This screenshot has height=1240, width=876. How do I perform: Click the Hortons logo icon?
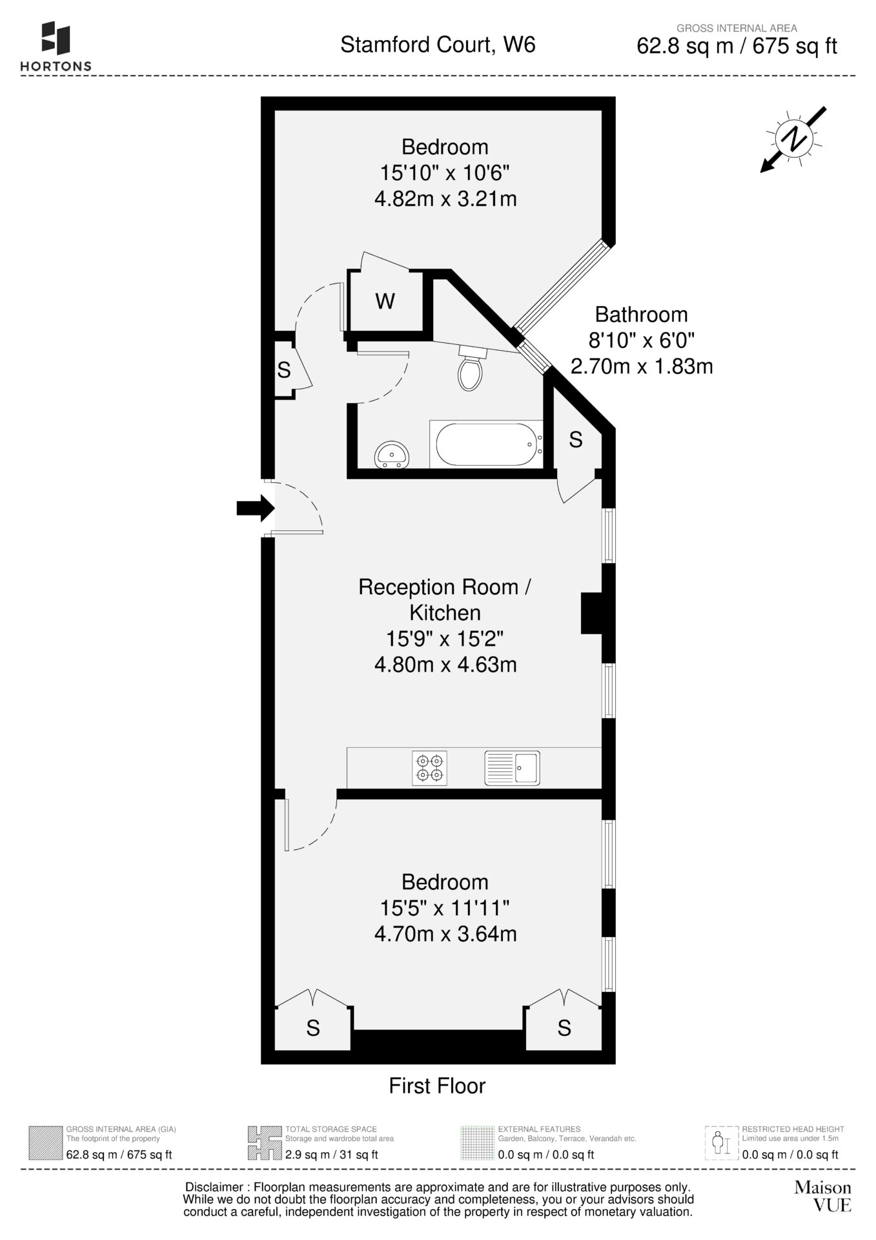point(56,38)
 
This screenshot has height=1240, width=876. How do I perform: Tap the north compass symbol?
point(793,139)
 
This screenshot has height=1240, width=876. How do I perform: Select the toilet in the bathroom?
point(470,367)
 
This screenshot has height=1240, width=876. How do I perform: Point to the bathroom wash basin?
point(392,454)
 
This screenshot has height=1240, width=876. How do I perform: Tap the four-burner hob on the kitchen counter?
point(429,768)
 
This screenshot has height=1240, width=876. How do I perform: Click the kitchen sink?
point(513,768)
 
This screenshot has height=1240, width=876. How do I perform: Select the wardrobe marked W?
point(385,302)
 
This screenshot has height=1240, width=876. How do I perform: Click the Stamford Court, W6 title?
point(438,45)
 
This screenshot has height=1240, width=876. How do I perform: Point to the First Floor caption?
point(437,1086)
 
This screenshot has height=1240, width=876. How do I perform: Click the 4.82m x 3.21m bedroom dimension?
point(445,198)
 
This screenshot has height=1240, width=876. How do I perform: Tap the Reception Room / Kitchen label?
point(445,599)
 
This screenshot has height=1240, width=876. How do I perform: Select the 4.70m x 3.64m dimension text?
point(445,933)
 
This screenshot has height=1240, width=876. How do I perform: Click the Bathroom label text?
point(641,315)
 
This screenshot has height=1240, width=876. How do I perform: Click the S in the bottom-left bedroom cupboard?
point(313,1028)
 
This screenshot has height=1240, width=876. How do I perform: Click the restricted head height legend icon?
point(721,1143)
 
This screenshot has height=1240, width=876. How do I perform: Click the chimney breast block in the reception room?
point(592,613)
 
